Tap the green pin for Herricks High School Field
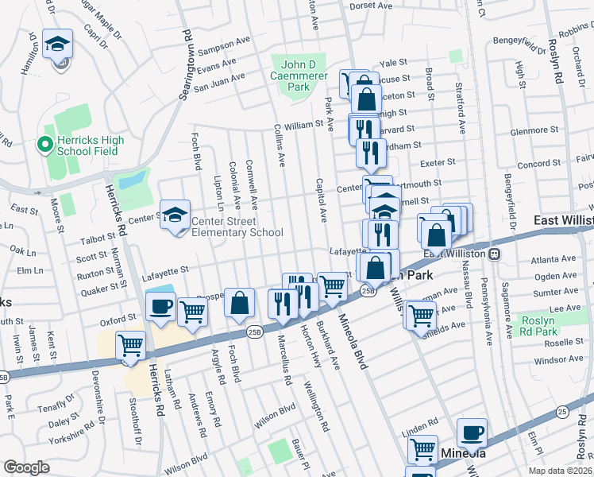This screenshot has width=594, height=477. [44, 145]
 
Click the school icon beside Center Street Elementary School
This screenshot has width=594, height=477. [175, 215]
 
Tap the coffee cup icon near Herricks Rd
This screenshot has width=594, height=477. [160, 306]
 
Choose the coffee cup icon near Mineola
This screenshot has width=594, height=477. [472, 432]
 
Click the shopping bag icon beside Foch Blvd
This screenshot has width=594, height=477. [239, 303]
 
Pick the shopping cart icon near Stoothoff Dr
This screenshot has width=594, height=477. [129, 346]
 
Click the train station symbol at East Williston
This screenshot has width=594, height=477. [494, 254]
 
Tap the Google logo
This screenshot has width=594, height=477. [26, 467]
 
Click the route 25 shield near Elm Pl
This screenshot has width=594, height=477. [563, 411]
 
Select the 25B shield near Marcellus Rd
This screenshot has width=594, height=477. [254, 330]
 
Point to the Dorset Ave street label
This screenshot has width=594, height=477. [371, 5]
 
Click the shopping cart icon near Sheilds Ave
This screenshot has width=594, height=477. [420, 315]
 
